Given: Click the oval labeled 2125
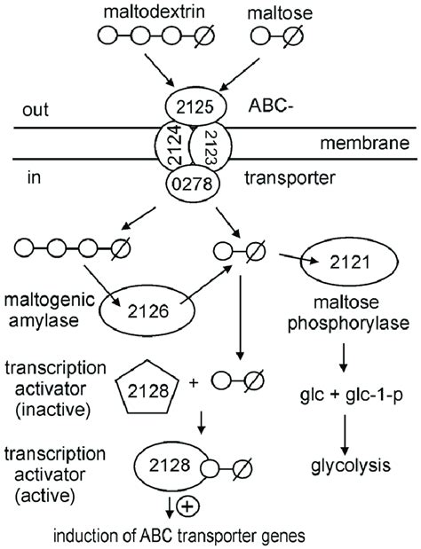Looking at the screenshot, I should [x=210, y=107].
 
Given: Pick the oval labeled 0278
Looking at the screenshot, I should [x=209, y=184].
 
